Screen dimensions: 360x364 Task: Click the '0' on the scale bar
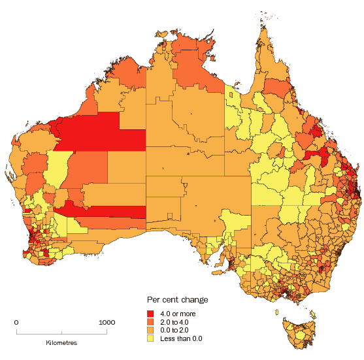tap(16, 322)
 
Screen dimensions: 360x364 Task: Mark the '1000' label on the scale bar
tap(107, 322)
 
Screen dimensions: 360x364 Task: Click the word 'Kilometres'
tap(61, 342)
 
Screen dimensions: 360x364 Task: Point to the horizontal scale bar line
tap(61, 333)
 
